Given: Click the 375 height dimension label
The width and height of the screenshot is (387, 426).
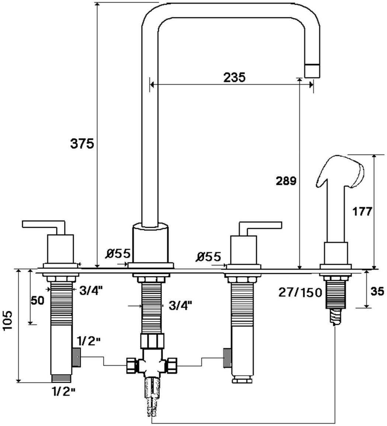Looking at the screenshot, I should [x=82, y=143].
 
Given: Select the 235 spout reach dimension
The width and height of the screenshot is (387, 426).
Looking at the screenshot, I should [x=234, y=78].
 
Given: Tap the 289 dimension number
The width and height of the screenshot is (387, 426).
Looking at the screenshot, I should [x=286, y=181].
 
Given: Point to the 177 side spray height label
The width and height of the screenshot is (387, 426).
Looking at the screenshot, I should [x=362, y=212].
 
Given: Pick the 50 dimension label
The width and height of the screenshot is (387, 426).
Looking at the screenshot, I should [x=37, y=300].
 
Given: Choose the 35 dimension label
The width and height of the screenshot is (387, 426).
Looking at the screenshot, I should [x=376, y=292].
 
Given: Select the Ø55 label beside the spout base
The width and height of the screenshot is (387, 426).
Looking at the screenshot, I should [x=118, y=254].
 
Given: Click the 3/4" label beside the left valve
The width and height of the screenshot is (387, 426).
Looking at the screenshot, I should [x=91, y=290].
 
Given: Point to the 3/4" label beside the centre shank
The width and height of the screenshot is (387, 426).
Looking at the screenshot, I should [x=179, y=305].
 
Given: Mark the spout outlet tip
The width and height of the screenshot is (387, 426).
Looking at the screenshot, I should [x=312, y=70].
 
